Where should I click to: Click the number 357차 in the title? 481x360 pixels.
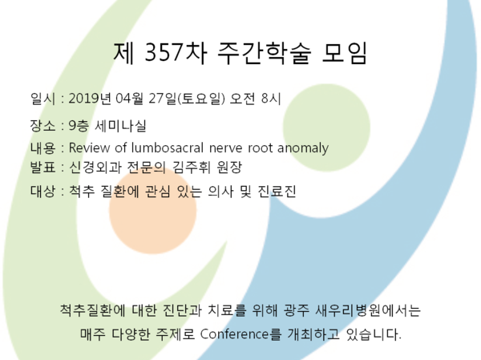[x=175, y=53]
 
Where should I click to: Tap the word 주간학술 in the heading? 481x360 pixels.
[x=264, y=53]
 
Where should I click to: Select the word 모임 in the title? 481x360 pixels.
[x=344, y=53]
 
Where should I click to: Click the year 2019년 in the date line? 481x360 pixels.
[x=90, y=99]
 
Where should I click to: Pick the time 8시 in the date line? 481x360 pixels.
[x=271, y=99]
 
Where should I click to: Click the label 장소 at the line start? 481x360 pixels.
[x=42, y=125]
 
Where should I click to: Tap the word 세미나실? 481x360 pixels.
[x=120, y=125]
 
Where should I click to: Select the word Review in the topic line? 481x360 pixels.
[x=89, y=148]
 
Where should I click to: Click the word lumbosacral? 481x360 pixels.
[x=168, y=148]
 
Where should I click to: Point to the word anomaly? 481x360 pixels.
[x=303, y=148]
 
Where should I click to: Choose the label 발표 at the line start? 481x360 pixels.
[x=42, y=168]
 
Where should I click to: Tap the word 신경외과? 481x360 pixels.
[x=95, y=168]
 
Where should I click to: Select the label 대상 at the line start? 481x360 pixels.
[x=42, y=191]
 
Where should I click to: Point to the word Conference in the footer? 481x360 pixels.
[x=234, y=334]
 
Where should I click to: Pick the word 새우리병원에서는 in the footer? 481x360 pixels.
[x=368, y=310]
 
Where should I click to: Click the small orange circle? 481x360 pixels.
[x=153, y=211]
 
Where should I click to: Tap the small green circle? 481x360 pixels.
[x=326, y=127]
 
